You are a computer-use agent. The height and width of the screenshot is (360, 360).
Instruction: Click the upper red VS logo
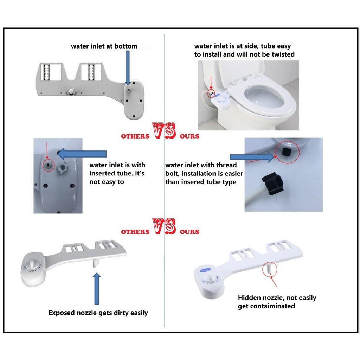164,131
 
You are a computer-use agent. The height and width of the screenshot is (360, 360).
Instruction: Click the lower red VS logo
164,226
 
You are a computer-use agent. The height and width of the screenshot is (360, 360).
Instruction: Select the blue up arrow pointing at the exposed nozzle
97,289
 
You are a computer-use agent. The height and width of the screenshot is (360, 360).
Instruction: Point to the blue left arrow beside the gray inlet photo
82,154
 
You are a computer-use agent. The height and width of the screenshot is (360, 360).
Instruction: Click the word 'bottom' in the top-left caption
126,46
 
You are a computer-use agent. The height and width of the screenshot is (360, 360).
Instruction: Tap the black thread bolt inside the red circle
286,152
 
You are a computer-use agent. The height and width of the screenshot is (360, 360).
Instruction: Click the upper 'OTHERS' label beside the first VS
135,136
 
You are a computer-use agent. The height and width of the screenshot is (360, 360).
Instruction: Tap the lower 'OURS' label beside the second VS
189,232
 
